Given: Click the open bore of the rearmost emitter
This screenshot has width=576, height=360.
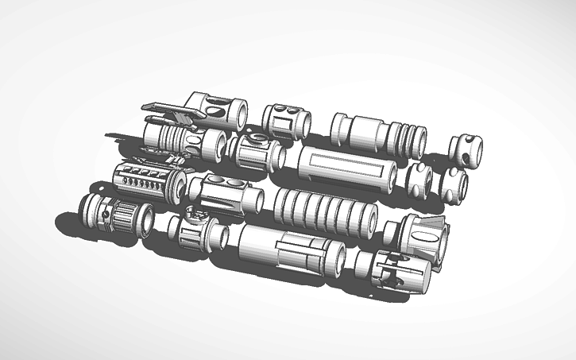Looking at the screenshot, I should [x=238, y=116].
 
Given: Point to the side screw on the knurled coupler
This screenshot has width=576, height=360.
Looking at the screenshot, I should [x=106, y=214].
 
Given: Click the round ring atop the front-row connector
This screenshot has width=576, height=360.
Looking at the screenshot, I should [x=191, y=212].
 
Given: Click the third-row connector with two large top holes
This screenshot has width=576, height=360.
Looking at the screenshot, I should [x=225, y=195].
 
